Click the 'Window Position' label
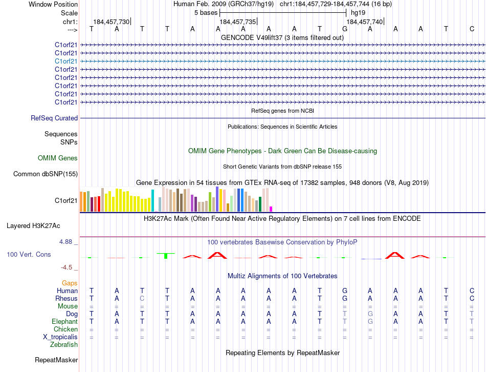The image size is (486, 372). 53,4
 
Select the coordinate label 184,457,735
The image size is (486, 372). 237,22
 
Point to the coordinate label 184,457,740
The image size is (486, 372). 364,22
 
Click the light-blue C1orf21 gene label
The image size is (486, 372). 66,61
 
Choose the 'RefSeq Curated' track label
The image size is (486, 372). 54,118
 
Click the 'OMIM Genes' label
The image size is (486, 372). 58,158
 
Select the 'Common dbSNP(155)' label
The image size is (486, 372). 46,174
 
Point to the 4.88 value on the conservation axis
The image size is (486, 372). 68,242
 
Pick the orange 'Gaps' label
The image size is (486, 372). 70,283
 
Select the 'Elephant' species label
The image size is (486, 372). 64,321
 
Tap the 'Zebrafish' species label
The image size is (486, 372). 64,345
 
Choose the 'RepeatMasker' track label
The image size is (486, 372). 56,360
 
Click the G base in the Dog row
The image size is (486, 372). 370,314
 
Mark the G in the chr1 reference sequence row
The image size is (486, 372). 345,29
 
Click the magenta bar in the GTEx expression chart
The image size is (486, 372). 271,209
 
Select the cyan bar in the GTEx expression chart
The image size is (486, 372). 152,200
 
